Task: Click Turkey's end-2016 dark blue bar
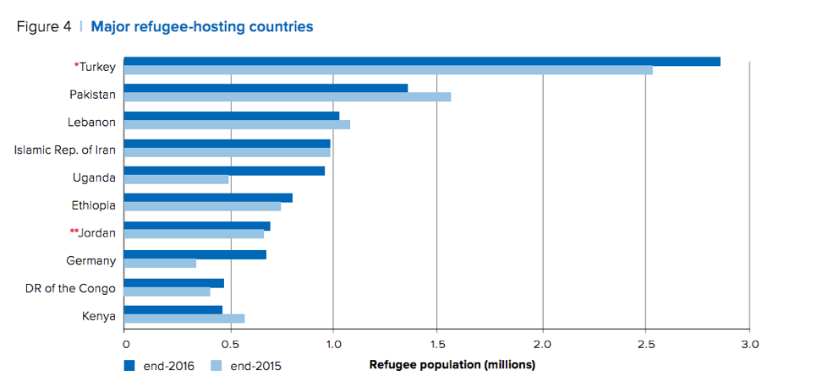pyautogui.click(x=422, y=61)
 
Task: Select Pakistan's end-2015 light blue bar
pyautogui.click(x=288, y=96)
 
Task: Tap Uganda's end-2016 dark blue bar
pyautogui.click(x=224, y=171)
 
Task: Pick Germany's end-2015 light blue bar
pyautogui.click(x=161, y=263)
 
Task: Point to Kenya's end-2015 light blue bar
pyautogui.click(x=184, y=318)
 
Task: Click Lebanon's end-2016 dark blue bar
pyautogui.click(x=232, y=116)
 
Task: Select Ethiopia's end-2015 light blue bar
pyautogui.click(x=203, y=207)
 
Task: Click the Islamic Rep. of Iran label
pyautogui.click(x=65, y=150)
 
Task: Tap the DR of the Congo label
pyautogui.click(x=71, y=289)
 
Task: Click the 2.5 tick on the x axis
pyautogui.click(x=645, y=344)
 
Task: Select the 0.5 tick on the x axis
pyautogui.click(x=228, y=344)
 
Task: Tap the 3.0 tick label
pyautogui.click(x=750, y=344)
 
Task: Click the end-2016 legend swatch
pyautogui.click(x=129, y=366)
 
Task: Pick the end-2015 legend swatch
pyautogui.click(x=216, y=366)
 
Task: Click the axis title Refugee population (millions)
pyautogui.click(x=452, y=365)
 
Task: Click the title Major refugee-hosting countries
pyautogui.click(x=201, y=27)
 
